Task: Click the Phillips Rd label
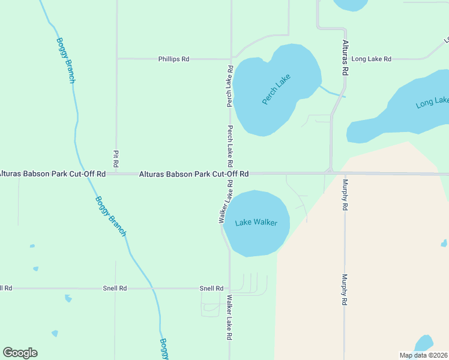173,59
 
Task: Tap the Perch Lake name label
276,89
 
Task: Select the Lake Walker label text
256,223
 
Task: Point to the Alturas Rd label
345,58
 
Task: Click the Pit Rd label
116,158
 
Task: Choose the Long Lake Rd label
371,59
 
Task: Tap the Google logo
20,353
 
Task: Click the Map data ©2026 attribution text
423,355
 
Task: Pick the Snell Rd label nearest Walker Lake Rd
211,289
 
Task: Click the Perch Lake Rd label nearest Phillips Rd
230,86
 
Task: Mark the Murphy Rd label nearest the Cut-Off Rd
345,194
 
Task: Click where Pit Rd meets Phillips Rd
116,59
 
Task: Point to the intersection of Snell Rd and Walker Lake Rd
229,289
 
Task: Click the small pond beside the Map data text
424,343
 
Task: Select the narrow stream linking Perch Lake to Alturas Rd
331,92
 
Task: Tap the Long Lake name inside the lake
432,103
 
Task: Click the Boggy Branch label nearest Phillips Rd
65,60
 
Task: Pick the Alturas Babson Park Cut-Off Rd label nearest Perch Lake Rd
194,174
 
